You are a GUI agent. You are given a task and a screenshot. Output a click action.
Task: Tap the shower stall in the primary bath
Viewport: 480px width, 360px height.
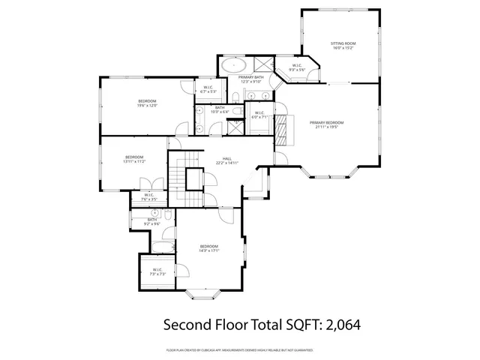[264, 64]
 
